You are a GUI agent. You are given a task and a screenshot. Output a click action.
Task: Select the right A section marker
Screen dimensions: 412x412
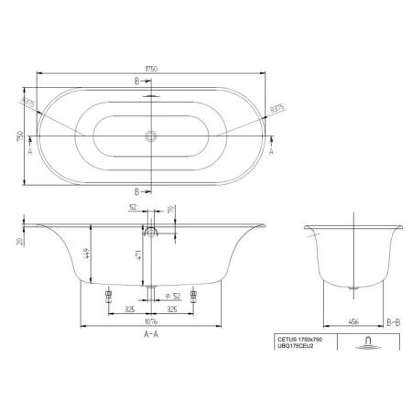tap(272, 153)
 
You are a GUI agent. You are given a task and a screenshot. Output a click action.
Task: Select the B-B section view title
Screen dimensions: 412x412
tap(390, 321)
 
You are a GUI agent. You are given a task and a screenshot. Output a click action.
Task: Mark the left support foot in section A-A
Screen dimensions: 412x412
tap(108, 296)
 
